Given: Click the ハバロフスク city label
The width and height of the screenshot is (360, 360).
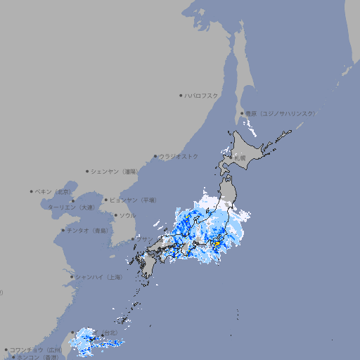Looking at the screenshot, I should tap(202, 95).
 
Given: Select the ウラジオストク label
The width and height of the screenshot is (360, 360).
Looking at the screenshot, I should tap(179, 156).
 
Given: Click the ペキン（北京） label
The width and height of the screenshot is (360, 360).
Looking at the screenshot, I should tap(53, 191).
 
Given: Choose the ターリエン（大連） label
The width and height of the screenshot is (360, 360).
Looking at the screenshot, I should tap(71, 207).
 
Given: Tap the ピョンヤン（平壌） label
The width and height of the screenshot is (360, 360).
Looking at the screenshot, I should tap(133, 200).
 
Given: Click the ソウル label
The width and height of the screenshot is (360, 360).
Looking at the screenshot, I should tap(127, 216).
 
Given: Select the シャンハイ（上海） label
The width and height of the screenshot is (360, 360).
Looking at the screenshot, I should tap(98, 277).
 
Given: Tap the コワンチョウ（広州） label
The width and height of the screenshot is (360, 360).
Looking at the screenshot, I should tap(35, 349).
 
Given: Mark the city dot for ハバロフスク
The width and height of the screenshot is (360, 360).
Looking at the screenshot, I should tap(181, 95).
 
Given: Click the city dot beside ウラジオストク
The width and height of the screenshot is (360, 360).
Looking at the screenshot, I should tap(155, 156).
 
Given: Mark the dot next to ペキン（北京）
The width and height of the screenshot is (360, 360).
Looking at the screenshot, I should tap(32, 191).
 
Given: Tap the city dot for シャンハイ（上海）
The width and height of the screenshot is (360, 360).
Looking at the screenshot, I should tap(72, 277).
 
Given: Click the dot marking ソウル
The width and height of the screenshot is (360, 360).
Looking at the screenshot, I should tap(115, 216).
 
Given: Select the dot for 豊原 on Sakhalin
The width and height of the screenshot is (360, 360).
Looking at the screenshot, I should tap(242, 113).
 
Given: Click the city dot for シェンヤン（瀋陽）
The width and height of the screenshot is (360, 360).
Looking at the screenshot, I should tap(87, 171).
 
